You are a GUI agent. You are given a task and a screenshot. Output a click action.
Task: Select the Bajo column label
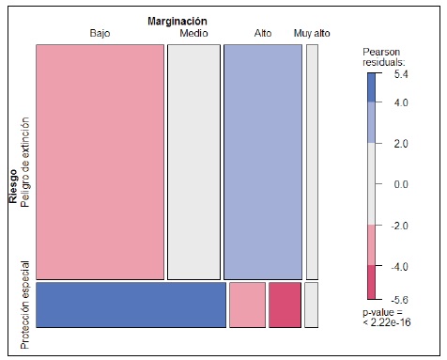click(x=100, y=33)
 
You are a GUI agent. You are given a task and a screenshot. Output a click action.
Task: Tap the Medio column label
click(x=193, y=33)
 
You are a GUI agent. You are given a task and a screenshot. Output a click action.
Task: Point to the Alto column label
click(x=263, y=33)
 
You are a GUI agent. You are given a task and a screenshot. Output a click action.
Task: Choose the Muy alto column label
click(x=312, y=33)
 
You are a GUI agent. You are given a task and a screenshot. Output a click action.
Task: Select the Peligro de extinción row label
click(x=26, y=161)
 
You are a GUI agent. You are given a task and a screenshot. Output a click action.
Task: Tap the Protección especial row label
click(x=26, y=305)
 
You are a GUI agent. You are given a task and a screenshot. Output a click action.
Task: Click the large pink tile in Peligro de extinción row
click(x=100, y=156)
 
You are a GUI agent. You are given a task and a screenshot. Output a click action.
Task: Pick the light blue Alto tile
click(x=262, y=156)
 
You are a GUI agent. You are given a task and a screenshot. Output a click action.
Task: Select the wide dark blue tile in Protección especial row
click(x=131, y=305)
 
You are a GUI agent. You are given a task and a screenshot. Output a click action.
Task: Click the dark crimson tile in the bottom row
click(x=285, y=305)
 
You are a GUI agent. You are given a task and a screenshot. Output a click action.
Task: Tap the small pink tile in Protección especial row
click(x=247, y=305)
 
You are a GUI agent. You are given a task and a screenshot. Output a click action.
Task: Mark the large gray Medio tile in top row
click(x=193, y=156)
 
